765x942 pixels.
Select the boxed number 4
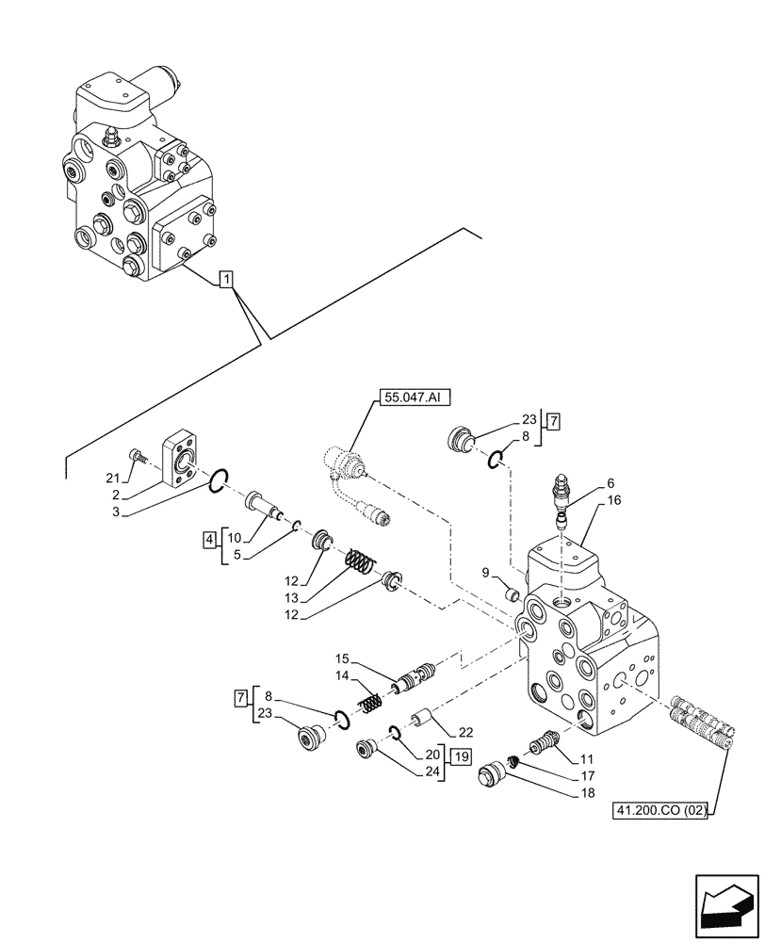208,540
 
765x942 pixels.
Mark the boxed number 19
461,756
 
